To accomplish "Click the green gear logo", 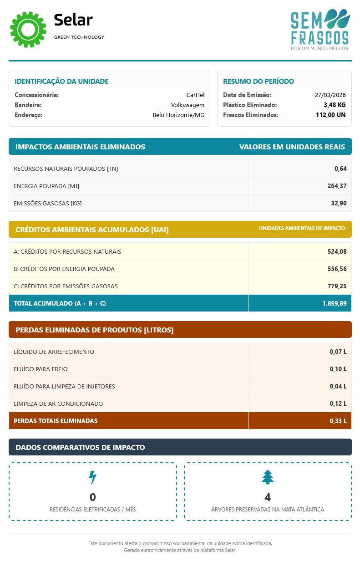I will tap(28, 30).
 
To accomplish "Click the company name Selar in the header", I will tap(73, 20).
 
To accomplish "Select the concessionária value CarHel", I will tap(195, 95).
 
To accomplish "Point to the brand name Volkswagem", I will tap(188, 105).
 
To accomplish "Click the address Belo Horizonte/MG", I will tap(178, 115).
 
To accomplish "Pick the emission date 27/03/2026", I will tap(330, 95).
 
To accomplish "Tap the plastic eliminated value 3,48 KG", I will tap(335, 105).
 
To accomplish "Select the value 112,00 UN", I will tap(330, 115).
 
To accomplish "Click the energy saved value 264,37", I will tap(337, 186).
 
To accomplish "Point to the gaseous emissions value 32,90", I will tap(339, 203).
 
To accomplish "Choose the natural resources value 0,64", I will tap(340, 169).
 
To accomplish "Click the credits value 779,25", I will tap(337, 286).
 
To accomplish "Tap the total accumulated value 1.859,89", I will tap(335, 303).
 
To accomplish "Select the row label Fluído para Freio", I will tap(41, 369).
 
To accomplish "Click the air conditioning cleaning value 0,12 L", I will tap(338, 404).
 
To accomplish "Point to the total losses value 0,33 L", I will tap(338, 421).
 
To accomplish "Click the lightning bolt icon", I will tap(92, 477).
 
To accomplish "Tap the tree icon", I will tap(268, 477).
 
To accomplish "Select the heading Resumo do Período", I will tap(259, 82).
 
